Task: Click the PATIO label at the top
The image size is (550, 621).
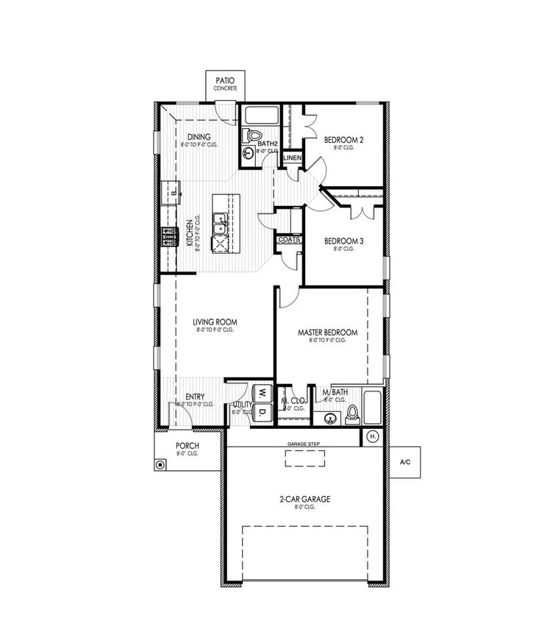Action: pyautogui.click(x=225, y=80)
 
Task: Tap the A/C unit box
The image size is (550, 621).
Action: pyautogui.click(x=404, y=462)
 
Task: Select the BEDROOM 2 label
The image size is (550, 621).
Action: pyautogui.click(x=344, y=139)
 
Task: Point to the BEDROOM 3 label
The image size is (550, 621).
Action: pyautogui.click(x=344, y=241)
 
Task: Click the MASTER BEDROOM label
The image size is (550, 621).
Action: pyautogui.click(x=327, y=333)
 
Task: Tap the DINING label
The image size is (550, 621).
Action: pyautogui.click(x=199, y=137)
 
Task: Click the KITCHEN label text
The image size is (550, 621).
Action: pyautogui.click(x=189, y=233)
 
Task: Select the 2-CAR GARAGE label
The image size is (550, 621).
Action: pyautogui.click(x=304, y=499)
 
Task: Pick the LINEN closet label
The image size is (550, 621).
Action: pyautogui.click(x=292, y=157)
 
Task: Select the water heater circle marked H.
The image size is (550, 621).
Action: pyautogui.click(x=371, y=437)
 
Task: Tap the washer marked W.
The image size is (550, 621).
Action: pyautogui.click(x=262, y=394)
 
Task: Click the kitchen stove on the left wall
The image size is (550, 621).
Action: pyautogui.click(x=170, y=237)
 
